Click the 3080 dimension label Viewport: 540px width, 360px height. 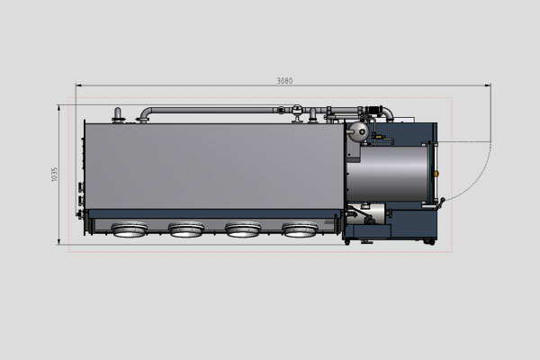click(283, 81)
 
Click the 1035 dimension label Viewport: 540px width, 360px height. click(55, 173)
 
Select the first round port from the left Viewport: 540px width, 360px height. click(129, 230)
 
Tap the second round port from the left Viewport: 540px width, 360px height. click(186, 230)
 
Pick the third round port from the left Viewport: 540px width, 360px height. click(243, 230)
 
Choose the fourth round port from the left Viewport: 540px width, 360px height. click(300, 230)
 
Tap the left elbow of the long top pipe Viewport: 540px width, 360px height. click(145, 113)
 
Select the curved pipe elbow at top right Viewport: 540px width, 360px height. click(388, 112)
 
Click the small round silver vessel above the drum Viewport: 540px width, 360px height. click(357, 131)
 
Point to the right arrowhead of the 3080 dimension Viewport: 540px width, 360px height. click(488, 86)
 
